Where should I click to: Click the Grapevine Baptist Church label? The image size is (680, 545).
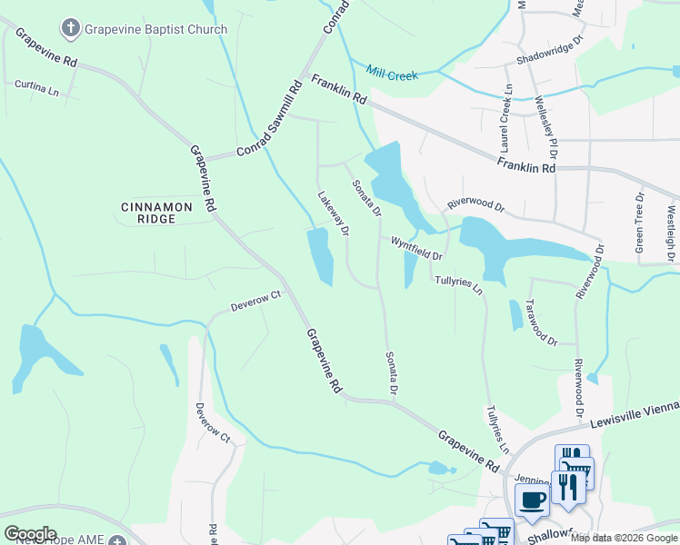(x=155, y=29)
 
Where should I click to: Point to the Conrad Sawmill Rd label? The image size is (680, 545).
(x=269, y=120)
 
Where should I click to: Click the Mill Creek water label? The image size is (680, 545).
(x=392, y=74)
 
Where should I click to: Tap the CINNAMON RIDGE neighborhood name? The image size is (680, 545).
(x=156, y=213)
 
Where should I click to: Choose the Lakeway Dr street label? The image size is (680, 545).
(x=333, y=213)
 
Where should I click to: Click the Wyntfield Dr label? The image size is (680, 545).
(x=416, y=249)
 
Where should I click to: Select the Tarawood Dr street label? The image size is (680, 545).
(x=540, y=322)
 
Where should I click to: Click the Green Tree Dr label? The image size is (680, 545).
(x=639, y=223)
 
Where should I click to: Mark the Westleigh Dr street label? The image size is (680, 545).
(x=671, y=227)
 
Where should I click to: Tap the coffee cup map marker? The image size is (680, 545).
(x=532, y=498)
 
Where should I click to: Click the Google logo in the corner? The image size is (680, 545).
(x=29, y=533)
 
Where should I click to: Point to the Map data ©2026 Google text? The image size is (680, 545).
(x=624, y=538)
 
